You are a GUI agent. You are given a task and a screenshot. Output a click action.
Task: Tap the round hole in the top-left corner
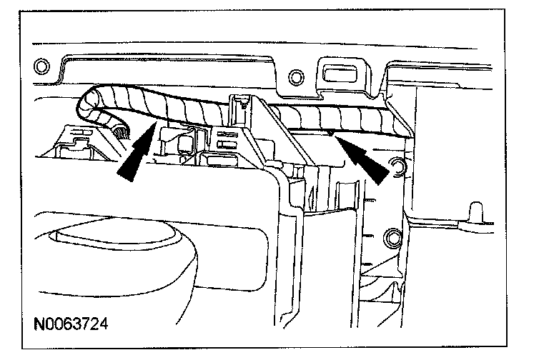(x=41, y=69)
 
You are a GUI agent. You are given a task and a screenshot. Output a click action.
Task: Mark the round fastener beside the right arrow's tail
(x=395, y=169)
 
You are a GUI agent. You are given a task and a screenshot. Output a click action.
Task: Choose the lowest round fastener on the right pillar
(x=391, y=238)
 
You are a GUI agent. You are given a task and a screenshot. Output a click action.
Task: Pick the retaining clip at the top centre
(x=241, y=107)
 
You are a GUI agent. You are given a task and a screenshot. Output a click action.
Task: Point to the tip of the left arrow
(x=154, y=124)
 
